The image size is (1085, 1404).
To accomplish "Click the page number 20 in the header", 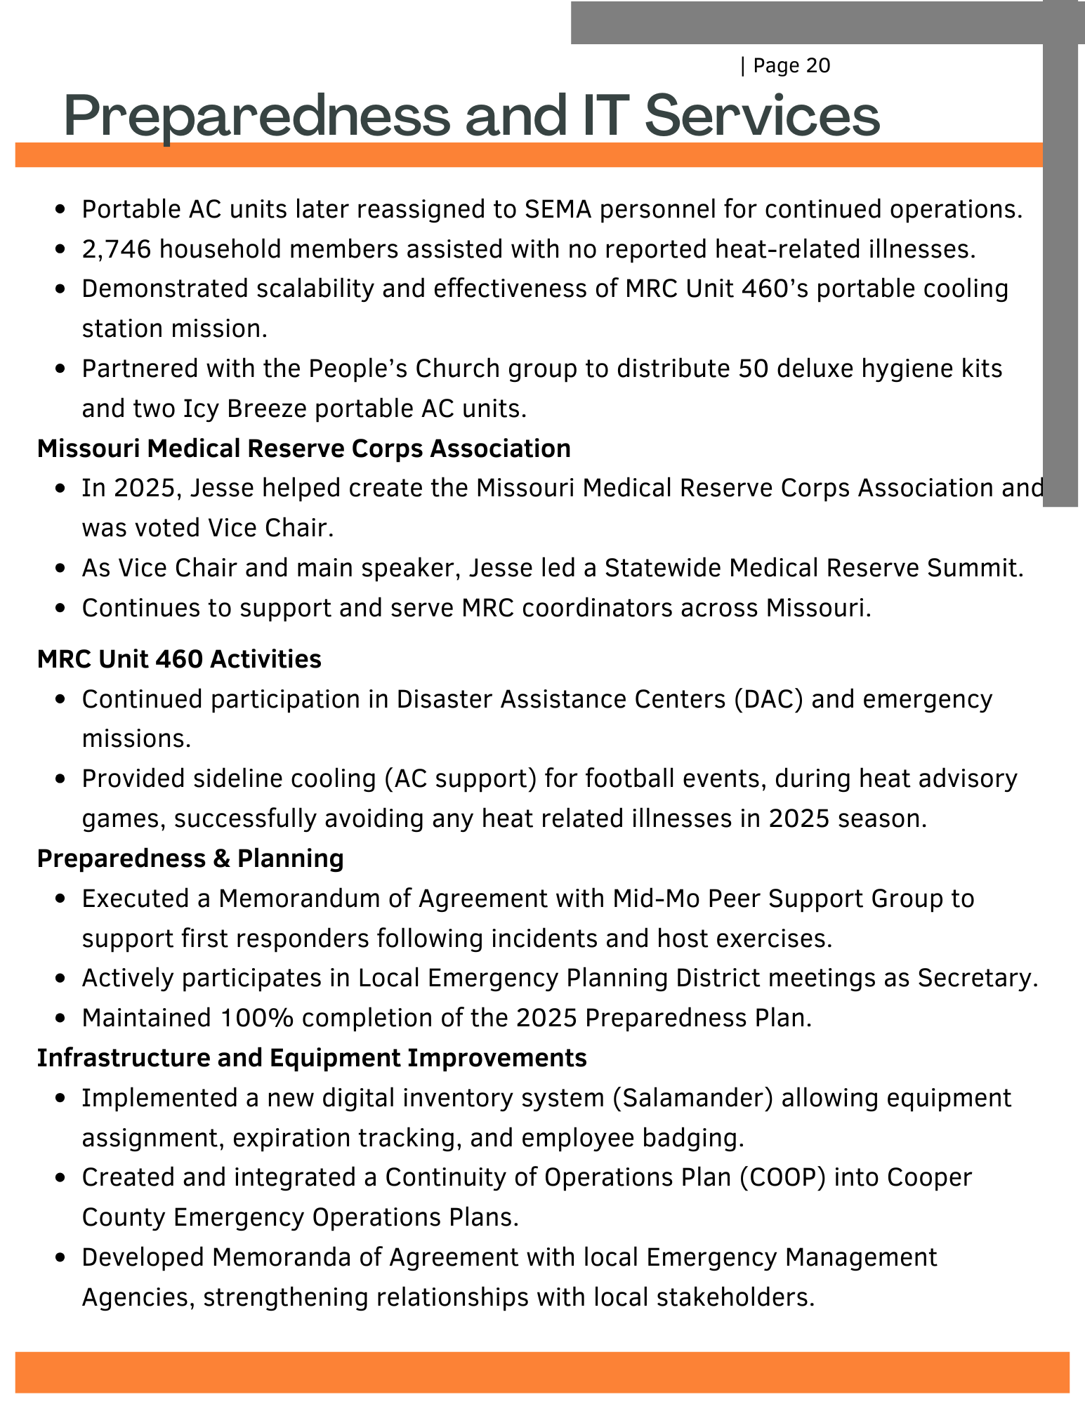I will (815, 66).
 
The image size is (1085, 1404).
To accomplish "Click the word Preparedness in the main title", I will (256, 117).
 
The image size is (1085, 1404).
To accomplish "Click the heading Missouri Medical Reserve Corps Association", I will (303, 448).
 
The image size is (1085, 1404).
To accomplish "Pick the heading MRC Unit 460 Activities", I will (179, 659).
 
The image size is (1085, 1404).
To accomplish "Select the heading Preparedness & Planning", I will (190, 859).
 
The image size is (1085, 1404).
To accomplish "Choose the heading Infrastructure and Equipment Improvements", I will (312, 1058).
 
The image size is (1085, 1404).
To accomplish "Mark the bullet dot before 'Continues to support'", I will (61, 609).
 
